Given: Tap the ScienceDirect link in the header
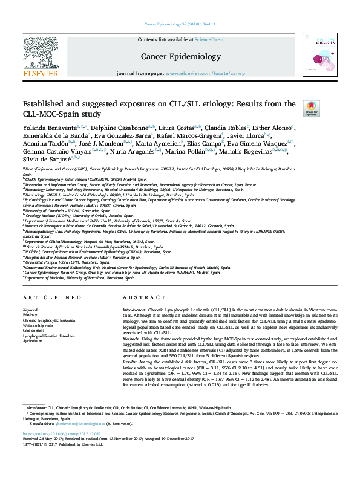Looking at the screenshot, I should click(208, 39).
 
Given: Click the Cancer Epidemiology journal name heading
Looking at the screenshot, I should click(180, 56).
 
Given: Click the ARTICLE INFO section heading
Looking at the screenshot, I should click(52, 297).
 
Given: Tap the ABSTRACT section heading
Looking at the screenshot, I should click(140, 297).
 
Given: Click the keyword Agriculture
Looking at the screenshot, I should click(33, 341).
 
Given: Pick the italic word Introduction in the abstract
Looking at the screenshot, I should click(137, 309).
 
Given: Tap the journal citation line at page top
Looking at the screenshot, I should click(180, 24).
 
